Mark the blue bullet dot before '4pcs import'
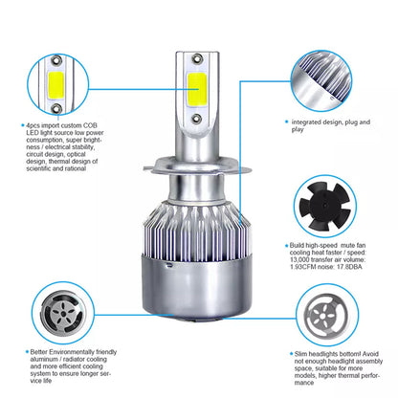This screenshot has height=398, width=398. point(23,123)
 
